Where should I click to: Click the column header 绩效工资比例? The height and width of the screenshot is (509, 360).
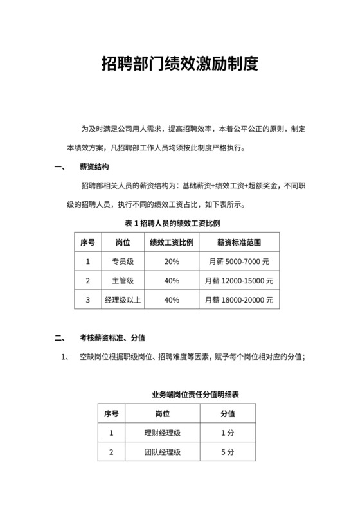tap(172, 242)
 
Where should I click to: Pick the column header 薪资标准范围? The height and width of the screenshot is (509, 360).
tap(239, 242)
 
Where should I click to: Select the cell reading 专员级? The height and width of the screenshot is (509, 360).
tap(123, 262)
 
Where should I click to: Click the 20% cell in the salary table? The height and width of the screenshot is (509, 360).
tap(172, 262)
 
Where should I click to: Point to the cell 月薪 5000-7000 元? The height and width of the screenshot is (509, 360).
tap(239, 262)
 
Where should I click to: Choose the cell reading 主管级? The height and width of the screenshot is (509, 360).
tap(123, 281)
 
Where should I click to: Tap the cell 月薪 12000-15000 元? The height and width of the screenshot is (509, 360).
tap(239, 281)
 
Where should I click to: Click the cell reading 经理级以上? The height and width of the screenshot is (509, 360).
tap(123, 300)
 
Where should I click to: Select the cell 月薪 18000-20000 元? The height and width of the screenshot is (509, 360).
tap(239, 300)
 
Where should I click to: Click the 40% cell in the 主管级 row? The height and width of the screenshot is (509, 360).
tap(172, 281)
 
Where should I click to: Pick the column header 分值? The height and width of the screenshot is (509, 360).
tap(228, 413)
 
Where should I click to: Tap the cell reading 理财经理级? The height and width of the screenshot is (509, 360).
tap(162, 433)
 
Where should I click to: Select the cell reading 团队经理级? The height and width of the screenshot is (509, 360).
tap(162, 452)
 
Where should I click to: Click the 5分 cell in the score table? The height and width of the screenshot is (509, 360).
tap(228, 452)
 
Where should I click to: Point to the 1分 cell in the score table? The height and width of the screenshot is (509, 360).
tap(228, 433)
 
